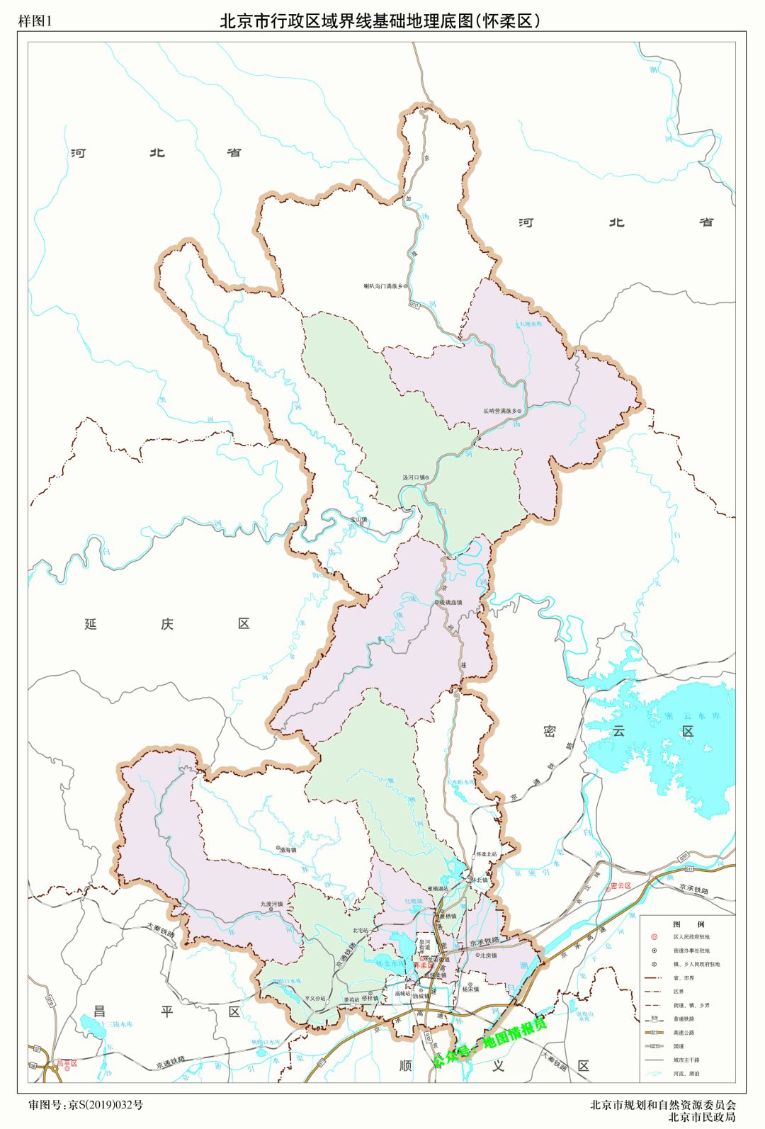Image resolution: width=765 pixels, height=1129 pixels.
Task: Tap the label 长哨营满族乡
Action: coord(501,411)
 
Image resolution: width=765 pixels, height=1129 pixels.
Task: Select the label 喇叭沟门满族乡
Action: coord(382,286)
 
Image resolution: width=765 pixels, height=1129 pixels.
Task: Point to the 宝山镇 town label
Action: coord(359,519)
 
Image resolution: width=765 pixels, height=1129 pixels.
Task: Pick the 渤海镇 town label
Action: coord(288,849)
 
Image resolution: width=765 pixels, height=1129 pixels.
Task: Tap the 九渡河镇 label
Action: coord(271,904)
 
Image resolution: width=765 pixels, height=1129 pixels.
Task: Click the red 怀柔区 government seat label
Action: coord(424,965)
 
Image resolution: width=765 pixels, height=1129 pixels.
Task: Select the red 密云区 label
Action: coord(620,885)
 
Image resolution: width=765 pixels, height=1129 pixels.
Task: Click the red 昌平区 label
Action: coord(68,1063)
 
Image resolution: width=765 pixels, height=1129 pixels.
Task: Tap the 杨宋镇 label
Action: coord(470,989)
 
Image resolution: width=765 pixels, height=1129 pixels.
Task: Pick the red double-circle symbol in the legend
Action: coord(654,937)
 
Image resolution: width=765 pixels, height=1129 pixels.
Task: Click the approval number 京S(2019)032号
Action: coord(105,1104)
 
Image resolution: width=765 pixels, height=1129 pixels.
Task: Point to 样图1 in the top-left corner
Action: coord(35,21)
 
